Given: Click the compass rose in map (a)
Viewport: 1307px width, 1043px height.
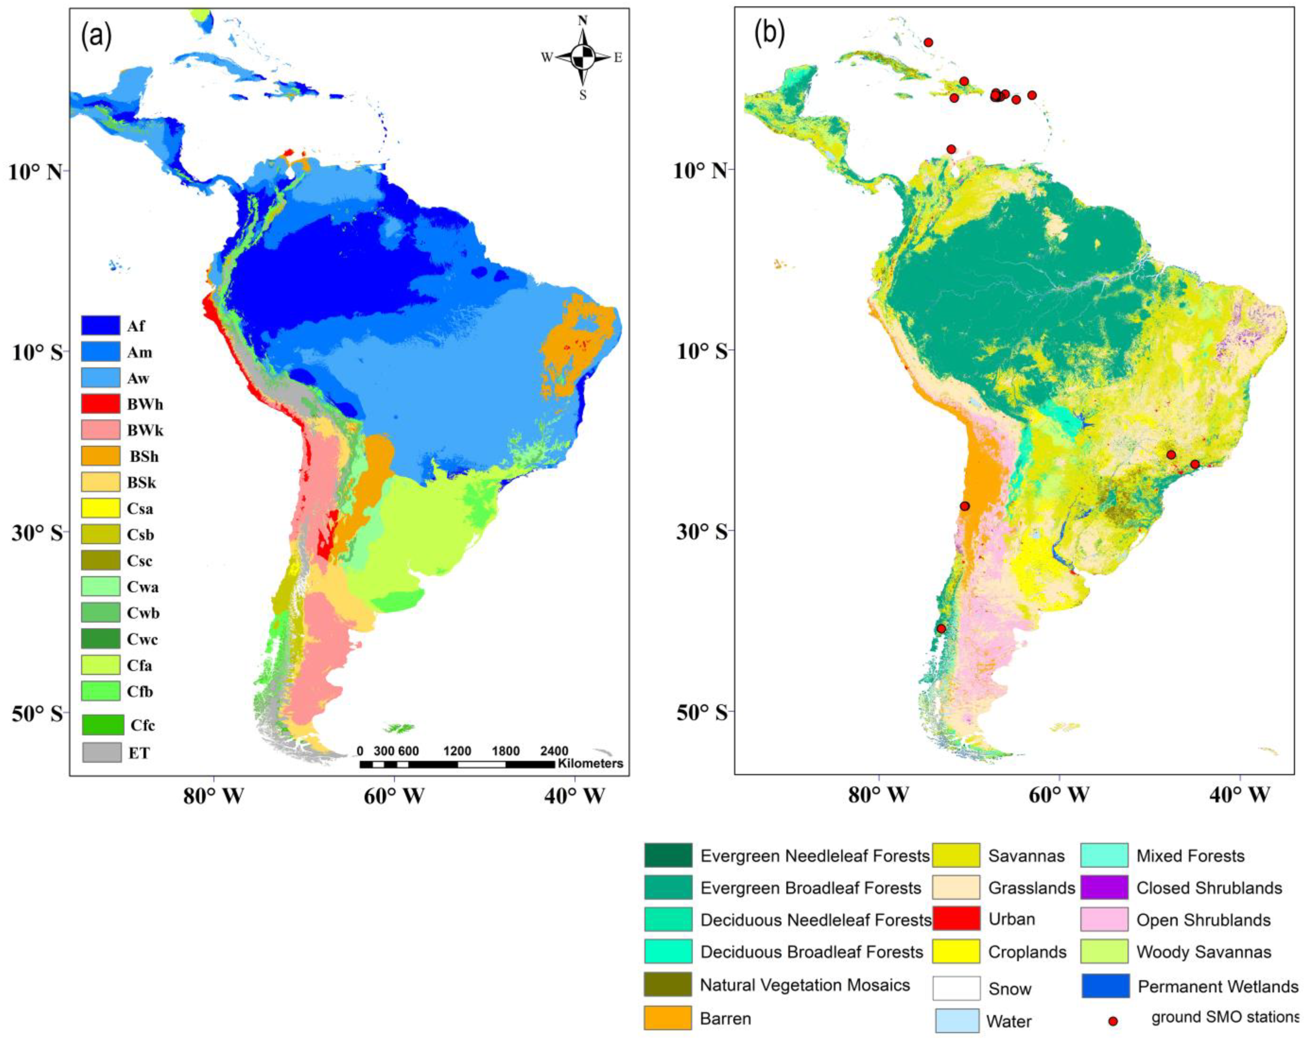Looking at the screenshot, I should click(583, 57).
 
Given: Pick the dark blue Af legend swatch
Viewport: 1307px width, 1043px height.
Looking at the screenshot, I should click(101, 326).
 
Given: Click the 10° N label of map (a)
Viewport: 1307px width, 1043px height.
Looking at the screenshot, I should click(35, 172).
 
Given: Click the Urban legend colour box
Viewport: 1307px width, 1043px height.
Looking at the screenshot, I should click(956, 919).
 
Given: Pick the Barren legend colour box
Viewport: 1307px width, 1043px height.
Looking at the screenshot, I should click(667, 1018).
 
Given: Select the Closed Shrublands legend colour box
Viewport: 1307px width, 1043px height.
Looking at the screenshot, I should click(1105, 887).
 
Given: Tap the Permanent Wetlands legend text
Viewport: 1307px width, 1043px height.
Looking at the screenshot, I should click(1217, 987).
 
